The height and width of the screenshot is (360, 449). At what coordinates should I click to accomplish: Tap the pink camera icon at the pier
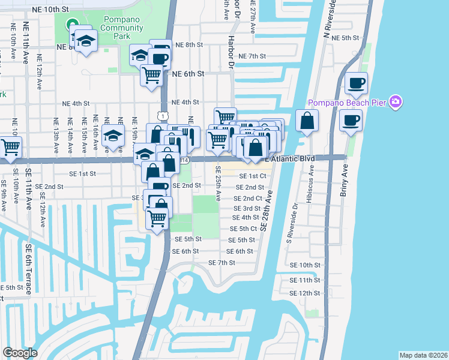click(x=395, y=103)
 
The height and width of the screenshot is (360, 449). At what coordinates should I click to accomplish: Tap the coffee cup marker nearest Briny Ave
click(x=351, y=119)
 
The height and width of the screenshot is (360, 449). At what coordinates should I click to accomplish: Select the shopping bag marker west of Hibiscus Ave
click(x=307, y=120)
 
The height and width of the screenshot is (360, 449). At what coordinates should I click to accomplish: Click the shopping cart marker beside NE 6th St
click(x=152, y=76)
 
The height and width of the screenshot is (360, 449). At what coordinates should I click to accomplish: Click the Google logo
click(x=20, y=352)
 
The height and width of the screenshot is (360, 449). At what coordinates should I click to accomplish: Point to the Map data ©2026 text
click(x=423, y=355)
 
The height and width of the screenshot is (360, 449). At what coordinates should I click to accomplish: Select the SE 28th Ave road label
click(x=267, y=211)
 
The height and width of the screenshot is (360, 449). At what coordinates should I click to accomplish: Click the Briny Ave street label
click(x=345, y=186)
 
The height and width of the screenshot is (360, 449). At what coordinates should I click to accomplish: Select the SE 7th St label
click(x=221, y=263)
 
